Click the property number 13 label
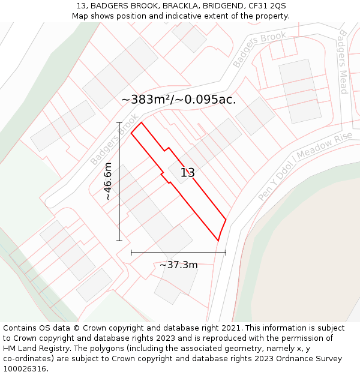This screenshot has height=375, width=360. coord(187,173)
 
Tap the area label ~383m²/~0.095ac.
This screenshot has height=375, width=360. coord(178,100)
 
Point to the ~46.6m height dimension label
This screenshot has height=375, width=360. coord(108,181)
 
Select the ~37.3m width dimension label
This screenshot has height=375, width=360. coord(178,265)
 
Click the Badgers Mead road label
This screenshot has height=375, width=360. coord(343,62)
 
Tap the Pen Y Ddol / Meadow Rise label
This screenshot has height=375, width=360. coord(305,167)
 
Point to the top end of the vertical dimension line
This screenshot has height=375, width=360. coord(119,122)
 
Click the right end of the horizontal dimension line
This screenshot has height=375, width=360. coord(226,253)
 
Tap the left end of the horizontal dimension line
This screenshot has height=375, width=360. coord(131,253)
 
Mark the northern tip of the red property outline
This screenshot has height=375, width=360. coord(141,123)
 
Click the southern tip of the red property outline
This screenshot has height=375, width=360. coord(218,241)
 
